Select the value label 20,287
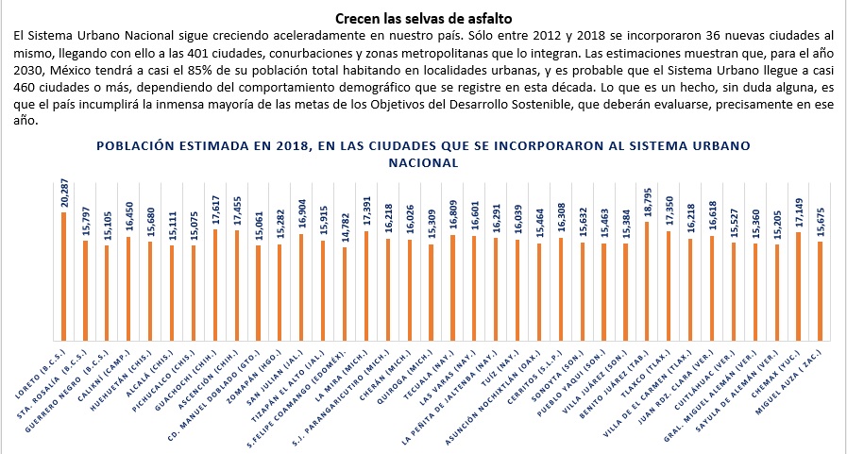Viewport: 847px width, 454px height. point(63,193)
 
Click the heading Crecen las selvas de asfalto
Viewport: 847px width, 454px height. point(423,18)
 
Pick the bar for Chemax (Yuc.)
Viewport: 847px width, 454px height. point(799,286)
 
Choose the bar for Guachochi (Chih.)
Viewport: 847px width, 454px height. point(215,284)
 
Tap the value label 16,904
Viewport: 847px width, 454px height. point(301,213)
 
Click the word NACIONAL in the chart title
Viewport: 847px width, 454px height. point(423,162)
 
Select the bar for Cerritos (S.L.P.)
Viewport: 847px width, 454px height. point(561,289)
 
